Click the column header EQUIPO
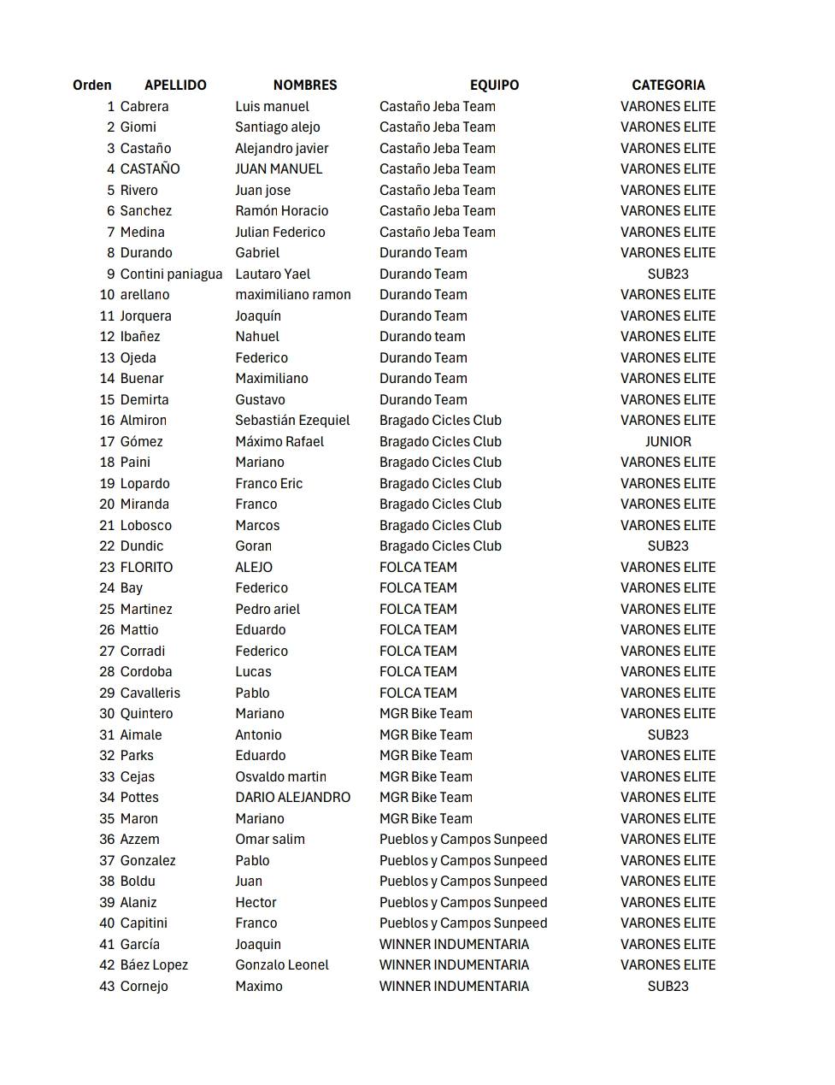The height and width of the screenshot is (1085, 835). tap(494, 86)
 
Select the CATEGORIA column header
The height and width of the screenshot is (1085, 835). tap(668, 86)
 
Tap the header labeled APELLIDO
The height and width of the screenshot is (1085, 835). tap(175, 86)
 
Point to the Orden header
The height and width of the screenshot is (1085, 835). tap(92, 86)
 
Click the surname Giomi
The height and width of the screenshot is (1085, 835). tap(138, 127)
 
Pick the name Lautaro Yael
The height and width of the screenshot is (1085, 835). tap(273, 274)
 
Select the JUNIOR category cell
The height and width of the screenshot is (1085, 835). tap(668, 442)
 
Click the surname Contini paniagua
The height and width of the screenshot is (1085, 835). tap(171, 274)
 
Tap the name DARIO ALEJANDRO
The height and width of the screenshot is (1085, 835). tap(292, 798)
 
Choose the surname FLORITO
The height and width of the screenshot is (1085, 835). tap(146, 568)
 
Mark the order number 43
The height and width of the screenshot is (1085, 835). tap(107, 987)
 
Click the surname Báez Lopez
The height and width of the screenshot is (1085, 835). tap(154, 965)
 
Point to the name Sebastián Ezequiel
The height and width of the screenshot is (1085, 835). tap(292, 421)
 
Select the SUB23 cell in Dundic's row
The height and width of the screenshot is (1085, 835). tap(668, 546)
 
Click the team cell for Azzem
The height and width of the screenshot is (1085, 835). tap(463, 840)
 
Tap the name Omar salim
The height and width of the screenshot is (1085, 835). tap(270, 840)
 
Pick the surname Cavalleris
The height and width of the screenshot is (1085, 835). tap(150, 693)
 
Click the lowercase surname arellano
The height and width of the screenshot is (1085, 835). tap(144, 295)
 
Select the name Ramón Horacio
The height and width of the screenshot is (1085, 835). tap(281, 211)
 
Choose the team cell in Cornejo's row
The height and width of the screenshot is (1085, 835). tap(454, 987)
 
